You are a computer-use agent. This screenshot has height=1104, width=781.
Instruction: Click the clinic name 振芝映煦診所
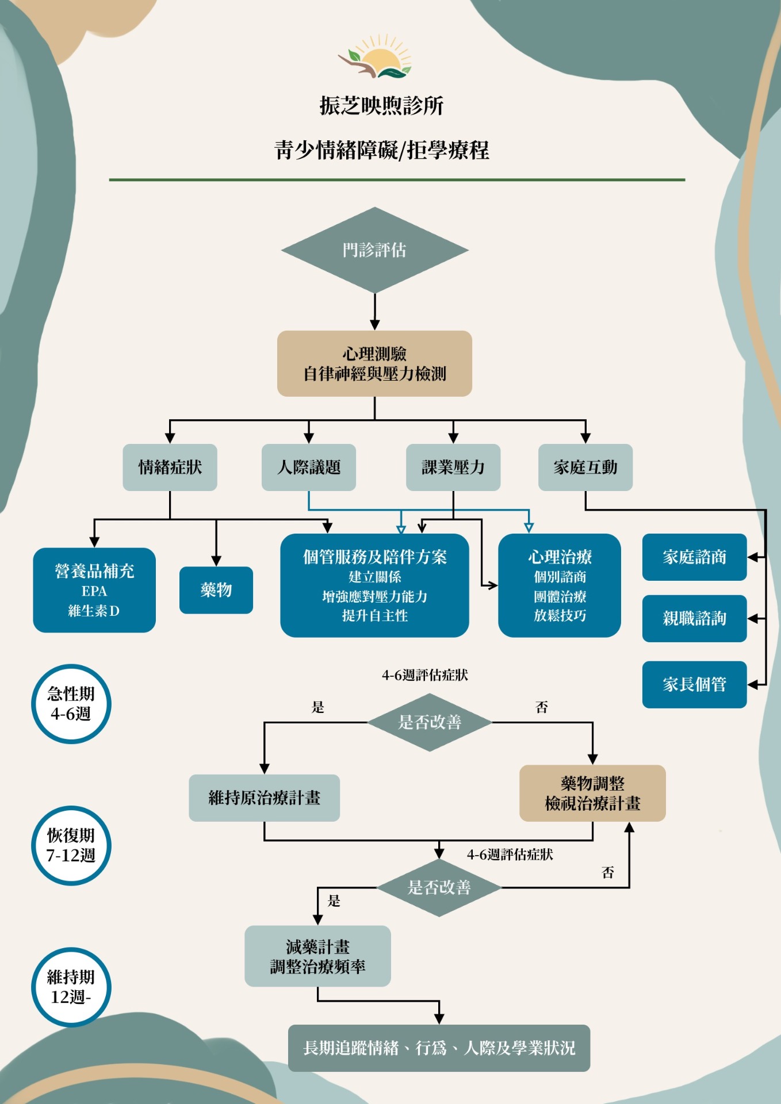tap(381, 106)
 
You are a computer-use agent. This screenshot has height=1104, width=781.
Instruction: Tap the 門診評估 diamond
tap(374, 250)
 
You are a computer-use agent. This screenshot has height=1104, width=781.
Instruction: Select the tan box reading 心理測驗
tap(374, 363)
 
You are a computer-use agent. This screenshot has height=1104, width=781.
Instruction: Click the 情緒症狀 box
tap(170, 467)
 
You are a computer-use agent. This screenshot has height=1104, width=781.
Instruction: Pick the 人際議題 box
tap(309, 467)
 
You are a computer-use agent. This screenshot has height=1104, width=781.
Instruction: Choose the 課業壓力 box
tap(453, 467)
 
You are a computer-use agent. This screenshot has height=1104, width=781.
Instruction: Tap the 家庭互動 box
tap(585, 467)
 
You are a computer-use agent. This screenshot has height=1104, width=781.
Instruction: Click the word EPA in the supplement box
tap(94, 591)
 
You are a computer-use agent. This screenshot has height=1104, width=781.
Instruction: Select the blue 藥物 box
tap(216, 590)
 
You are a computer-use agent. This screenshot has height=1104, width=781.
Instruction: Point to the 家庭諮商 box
tap(694, 557)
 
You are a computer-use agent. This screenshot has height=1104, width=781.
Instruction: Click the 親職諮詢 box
tap(694, 619)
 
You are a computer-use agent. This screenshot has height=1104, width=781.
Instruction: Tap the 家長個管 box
tap(694, 684)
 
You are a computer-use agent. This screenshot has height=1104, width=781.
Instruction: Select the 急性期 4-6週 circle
tap(71, 704)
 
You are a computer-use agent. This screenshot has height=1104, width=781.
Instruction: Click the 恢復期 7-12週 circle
tap(71, 845)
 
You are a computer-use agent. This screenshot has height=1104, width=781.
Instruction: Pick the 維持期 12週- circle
tap(71, 987)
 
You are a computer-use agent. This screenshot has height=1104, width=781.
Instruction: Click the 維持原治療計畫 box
tap(264, 798)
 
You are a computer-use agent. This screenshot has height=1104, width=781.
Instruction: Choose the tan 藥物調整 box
tap(592, 793)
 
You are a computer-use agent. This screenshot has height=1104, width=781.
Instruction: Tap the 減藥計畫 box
tap(317, 956)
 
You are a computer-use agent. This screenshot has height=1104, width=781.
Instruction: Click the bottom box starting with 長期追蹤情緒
tap(439, 1048)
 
